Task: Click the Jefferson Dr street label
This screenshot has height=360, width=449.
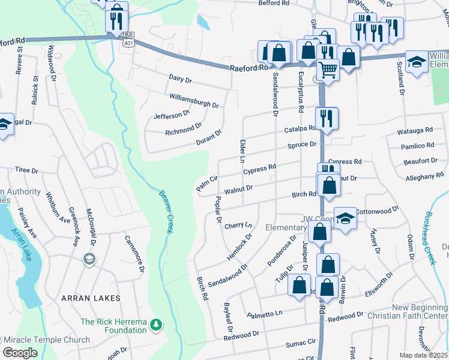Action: pos(172,114)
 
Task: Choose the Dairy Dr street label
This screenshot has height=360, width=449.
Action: pos(180,79)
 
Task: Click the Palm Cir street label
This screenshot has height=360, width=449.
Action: pos(206,184)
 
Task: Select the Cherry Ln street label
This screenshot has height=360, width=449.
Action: pos(238,226)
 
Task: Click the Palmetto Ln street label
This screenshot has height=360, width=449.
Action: pos(264,314)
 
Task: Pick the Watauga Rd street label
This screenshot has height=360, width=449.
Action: pos(415,130)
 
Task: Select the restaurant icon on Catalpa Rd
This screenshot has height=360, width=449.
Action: pos(326,118)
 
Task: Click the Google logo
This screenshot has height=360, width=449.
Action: pos(20,353)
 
